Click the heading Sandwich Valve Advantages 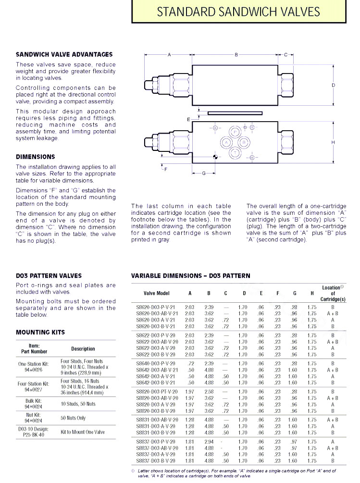(x=64, y=55)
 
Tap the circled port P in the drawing (x=235, y=131)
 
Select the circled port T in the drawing (x=235, y=153)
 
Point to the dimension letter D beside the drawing (x=333, y=85)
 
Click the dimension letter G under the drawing (x=204, y=173)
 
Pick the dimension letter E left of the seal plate (x=189, y=118)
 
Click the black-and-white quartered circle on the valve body (x=215, y=156)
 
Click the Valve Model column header (x=156, y=293)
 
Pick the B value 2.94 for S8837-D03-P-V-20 (x=209, y=442)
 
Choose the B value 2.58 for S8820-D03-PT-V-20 (x=209, y=392)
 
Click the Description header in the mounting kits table (x=83, y=349)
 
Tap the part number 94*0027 (x=32, y=390)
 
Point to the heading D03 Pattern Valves (x=49, y=276)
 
